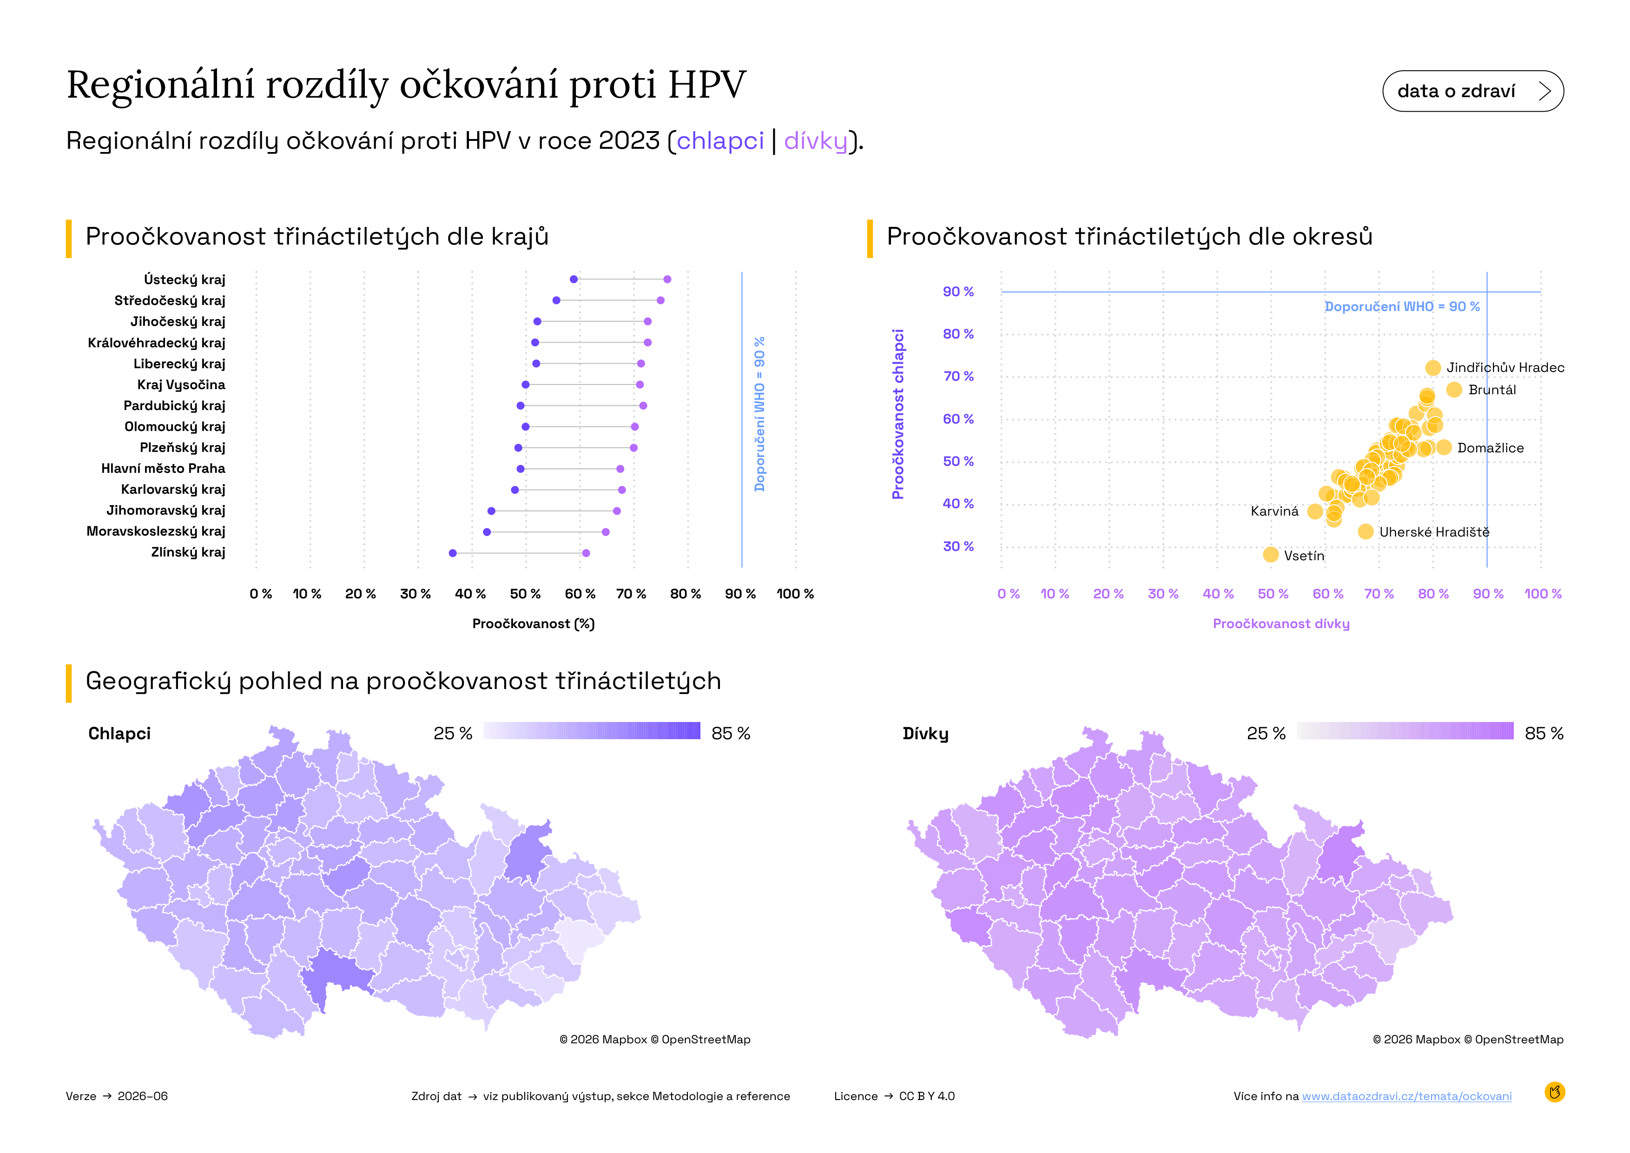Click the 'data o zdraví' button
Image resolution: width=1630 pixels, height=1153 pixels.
click(1472, 91)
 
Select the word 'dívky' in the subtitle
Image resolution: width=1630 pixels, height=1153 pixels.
click(816, 141)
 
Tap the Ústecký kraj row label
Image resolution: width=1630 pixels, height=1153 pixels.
click(185, 280)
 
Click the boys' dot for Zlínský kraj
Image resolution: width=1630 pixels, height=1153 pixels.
click(453, 553)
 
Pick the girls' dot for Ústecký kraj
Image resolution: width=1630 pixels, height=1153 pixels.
click(667, 279)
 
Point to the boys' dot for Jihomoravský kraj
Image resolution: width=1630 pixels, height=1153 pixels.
click(491, 511)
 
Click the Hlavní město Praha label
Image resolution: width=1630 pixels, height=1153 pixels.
click(163, 469)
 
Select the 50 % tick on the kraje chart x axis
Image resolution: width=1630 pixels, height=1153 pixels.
click(525, 594)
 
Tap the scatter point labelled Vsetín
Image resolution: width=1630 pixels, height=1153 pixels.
click(1271, 555)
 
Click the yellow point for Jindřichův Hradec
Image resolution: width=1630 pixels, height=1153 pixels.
click(1432, 368)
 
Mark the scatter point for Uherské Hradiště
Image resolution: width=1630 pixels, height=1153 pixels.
click(1365, 531)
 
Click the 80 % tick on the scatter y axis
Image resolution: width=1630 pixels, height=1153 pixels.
click(958, 334)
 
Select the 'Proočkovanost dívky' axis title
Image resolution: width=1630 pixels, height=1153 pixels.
click(1281, 623)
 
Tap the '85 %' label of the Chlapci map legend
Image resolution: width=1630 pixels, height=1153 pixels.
click(731, 733)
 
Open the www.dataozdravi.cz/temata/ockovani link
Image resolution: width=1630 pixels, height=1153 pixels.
click(1407, 1096)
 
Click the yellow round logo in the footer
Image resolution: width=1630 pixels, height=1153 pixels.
click(1555, 1092)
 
